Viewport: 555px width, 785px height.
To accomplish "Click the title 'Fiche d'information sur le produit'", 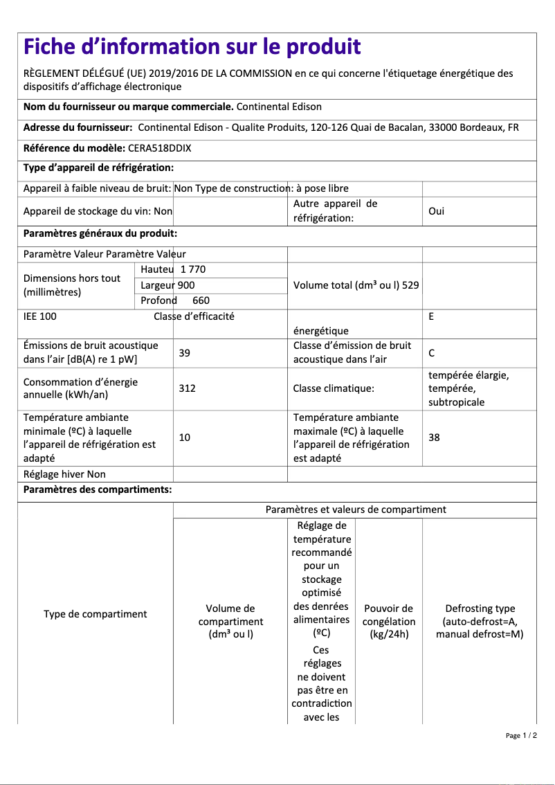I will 192,47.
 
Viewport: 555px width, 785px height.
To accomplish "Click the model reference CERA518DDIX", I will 159,147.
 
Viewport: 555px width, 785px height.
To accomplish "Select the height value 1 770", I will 193,269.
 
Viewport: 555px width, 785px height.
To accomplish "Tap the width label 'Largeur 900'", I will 167,285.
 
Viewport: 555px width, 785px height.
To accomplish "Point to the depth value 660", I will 201,300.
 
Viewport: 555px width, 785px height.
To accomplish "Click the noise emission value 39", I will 184,353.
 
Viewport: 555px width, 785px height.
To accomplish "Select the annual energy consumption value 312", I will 187,388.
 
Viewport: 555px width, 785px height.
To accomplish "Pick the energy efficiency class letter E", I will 431,316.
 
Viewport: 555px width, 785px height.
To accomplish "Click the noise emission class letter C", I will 431,353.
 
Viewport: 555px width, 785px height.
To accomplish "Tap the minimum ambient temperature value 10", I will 184,437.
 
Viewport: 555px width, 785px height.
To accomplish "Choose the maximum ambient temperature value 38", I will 434,437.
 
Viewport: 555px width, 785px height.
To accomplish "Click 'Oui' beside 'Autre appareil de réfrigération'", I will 436,211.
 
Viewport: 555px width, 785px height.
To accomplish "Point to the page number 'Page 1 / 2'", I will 520,735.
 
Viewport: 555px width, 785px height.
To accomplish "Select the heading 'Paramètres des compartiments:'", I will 98,490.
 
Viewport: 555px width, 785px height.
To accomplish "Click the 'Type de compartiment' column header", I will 95,614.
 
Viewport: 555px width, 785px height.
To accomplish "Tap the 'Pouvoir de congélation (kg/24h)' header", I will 388,621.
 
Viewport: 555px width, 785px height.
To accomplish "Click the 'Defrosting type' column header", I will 480,621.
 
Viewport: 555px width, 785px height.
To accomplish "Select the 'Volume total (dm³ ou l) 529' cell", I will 356,285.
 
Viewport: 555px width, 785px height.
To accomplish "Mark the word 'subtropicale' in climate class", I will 456,402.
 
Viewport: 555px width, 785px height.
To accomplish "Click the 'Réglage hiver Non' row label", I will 64,474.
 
